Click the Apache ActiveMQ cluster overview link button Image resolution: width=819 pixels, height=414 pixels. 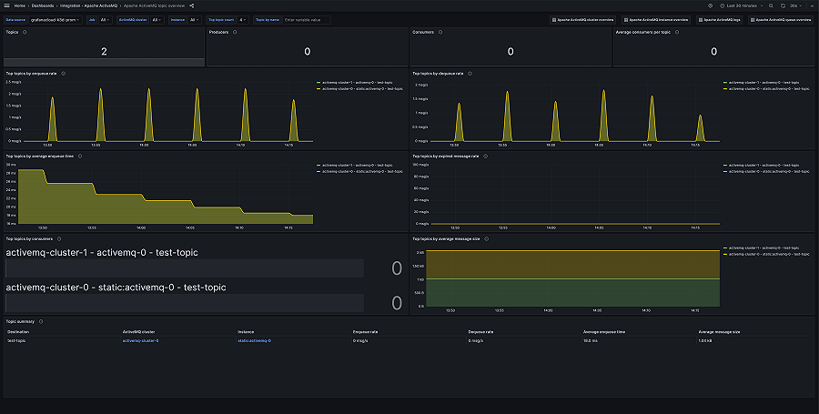(582, 19)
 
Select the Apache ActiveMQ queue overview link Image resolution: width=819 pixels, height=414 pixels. (780, 19)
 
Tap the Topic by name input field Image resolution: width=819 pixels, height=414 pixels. (314, 19)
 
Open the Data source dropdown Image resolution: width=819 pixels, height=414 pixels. (55, 19)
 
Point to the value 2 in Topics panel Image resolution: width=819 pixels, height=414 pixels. (104, 52)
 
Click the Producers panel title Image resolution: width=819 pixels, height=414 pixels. (218, 32)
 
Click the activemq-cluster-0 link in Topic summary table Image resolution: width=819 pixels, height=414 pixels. (140, 340)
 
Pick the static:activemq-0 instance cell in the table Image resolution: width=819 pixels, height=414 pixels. (254, 340)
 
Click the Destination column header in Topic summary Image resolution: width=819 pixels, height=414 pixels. (18, 331)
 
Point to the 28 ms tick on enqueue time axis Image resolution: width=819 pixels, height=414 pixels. (10, 172)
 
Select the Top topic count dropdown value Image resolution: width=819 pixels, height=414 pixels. (243, 19)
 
